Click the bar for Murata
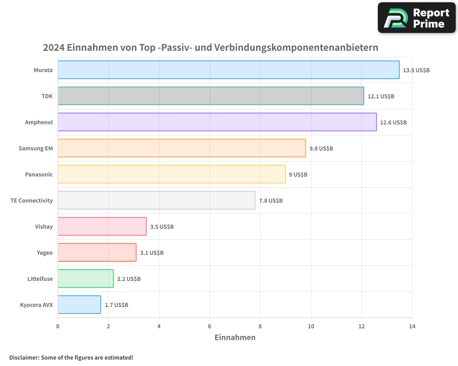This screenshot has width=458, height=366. tap(229, 70)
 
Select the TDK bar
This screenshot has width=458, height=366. tap(211, 96)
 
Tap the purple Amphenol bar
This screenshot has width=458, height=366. tap(217, 122)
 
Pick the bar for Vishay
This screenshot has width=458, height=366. tap(102, 226)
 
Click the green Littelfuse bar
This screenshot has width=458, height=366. tap(86, 279)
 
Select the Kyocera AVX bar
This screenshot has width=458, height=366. tap(79, 305)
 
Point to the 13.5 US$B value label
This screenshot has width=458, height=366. tap(416, 70)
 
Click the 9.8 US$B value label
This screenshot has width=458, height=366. tap(321, 149)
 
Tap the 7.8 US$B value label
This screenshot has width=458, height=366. tap(271, 201)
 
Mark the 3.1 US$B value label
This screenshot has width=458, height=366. tap(152, 253)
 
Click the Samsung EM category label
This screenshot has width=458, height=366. tap(36, 149)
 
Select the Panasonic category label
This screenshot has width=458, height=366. tap(39, 175)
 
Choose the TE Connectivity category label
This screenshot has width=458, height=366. tap(32, 201)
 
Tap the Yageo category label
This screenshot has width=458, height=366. tap(44, 253)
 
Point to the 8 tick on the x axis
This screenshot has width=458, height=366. tap(260, 326)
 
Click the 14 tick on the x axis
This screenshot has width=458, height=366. tap(412, 326)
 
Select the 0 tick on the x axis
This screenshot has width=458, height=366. tap(58, 326)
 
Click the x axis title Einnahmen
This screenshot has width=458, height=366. tap(235, 338)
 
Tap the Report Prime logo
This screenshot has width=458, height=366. tap(417, 18)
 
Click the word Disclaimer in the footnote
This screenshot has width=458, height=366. tap(24, 357)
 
